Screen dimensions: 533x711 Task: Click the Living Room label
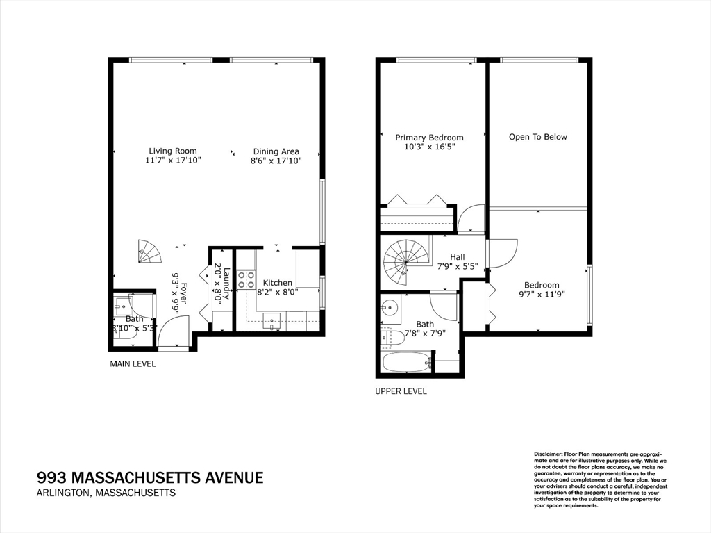[x=173, y=151]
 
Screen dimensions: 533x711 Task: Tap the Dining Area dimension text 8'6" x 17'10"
[x=276, y=161]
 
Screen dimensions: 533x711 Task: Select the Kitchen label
[x=277, y=283]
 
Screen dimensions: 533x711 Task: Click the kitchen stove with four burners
[x=246, y=280]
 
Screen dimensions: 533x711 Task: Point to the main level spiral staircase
[x=149, y=251]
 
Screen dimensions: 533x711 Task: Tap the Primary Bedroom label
[x=429, y=138]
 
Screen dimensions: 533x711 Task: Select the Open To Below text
[x=537, y=137]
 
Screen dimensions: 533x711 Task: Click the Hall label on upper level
[x=457, y=256]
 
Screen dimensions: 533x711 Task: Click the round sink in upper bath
[x=390, y=306]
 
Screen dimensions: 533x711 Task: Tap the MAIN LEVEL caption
[x=133, y=363]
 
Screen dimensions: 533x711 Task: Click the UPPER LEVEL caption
[x=401, y=391]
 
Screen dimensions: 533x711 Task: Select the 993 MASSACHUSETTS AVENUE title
[x=150, y=477]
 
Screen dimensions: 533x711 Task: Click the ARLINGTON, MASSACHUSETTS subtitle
[x=106, y=493]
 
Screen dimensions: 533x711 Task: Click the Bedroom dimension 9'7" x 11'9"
[x=542, y=294]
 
